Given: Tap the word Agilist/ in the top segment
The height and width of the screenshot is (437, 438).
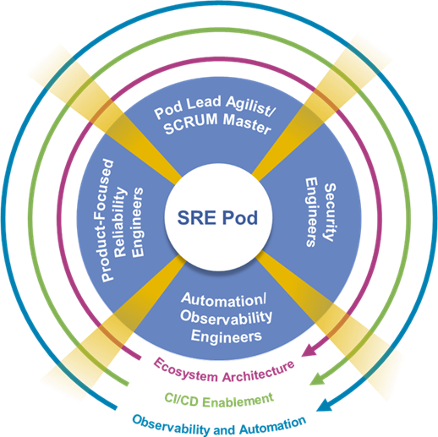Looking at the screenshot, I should point(240,112).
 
